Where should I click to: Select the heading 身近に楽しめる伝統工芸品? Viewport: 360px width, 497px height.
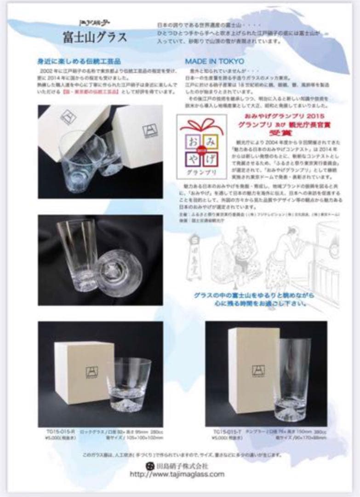click(79, 61)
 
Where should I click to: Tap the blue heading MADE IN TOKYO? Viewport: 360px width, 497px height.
click(215, 61)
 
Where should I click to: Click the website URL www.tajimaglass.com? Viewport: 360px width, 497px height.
click(177, 474)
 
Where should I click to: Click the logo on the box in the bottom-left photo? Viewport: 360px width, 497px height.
click(92, 371)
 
